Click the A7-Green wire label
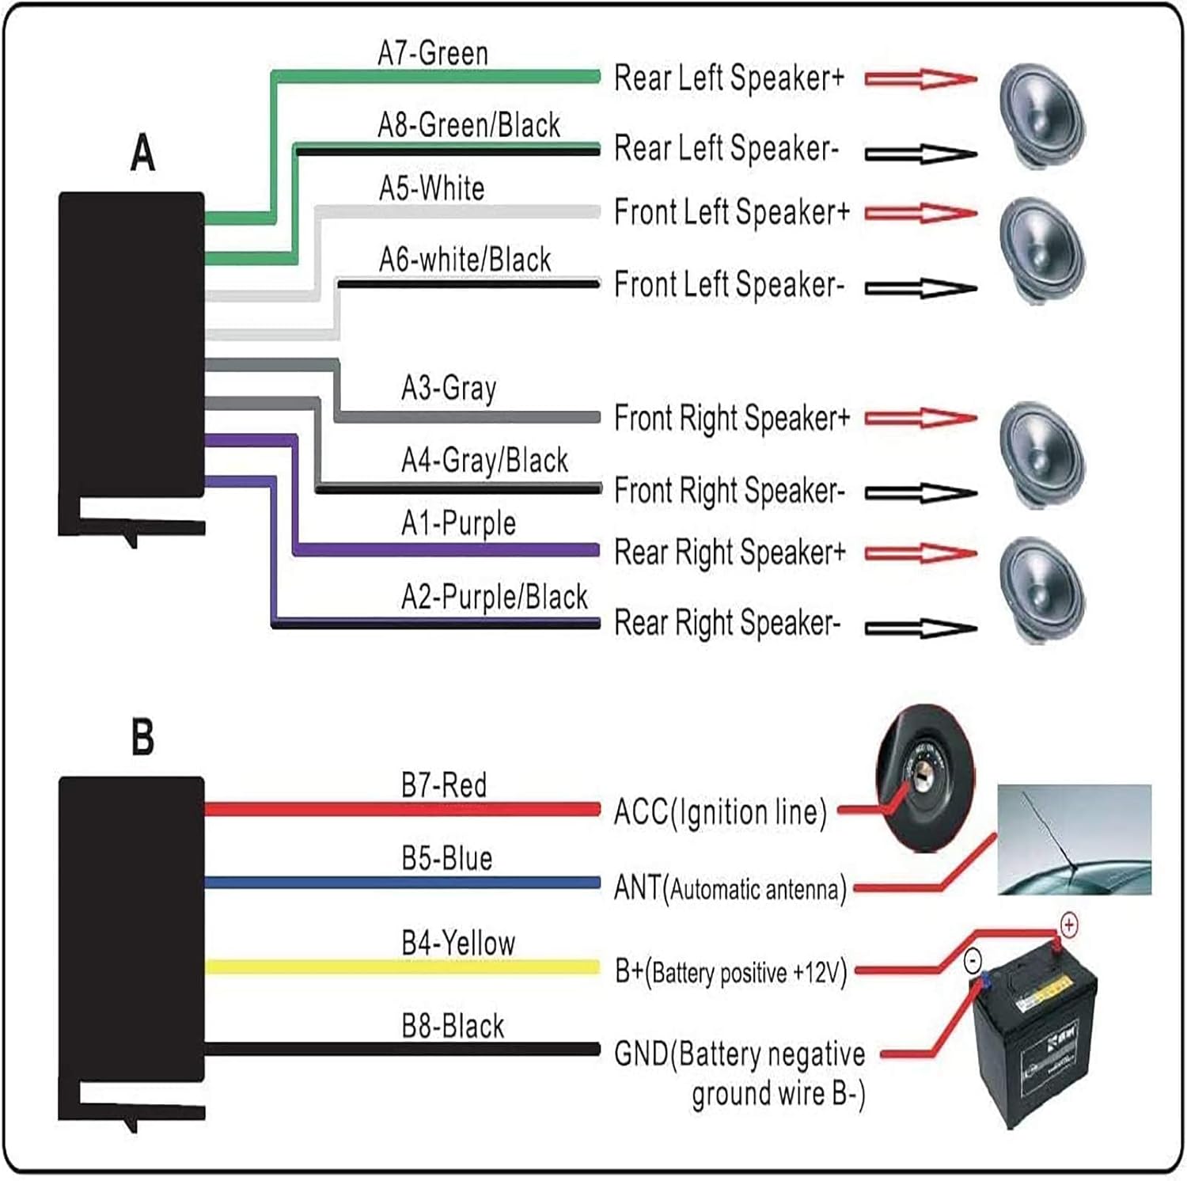(433, 54)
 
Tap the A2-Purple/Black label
(494, 597)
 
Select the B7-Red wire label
(443, 785)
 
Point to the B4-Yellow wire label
(457, 944)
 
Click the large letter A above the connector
(142, 153)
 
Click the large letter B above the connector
(142, 737)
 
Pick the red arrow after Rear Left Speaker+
(920, 78)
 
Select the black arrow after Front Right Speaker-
(920, 494)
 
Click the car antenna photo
(1074, 839)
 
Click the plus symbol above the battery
(1068, 925)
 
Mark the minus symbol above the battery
(973, 961)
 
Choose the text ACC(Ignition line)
(720, 813)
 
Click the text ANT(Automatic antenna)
(730, 889)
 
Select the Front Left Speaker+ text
(731, 213)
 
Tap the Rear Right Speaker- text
(726, 624)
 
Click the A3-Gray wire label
(449, 389)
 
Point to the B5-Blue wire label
(446, 859)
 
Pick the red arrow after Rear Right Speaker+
(920, 553)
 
